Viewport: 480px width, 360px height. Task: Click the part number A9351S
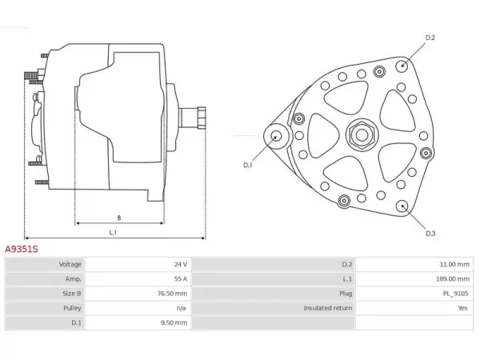tap(22, 249)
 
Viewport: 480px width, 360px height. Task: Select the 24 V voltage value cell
tap(181, 265)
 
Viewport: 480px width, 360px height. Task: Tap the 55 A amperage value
tap(181, 279)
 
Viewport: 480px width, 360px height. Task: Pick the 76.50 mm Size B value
tap(172, 294)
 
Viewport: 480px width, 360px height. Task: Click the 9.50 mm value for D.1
tap(174, 322)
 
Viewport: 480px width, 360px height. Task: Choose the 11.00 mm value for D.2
tap(454, 265)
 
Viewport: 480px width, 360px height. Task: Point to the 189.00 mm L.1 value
tap(453, 279)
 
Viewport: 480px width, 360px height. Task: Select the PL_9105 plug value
tap(455, 294)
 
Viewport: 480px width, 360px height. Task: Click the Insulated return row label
tap(328, 308)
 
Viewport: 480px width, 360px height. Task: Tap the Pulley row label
tap(72, 308)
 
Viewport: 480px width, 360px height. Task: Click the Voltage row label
tap(70, 265)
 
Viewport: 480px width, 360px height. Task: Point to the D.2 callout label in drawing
tap(430, 38)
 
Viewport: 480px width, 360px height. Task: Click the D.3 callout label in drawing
tap(430, 234)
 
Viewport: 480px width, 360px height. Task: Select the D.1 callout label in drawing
tap(248, 165)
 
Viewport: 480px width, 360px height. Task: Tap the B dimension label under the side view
tap(119, 218)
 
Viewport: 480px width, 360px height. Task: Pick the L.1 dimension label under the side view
tap(113, 233)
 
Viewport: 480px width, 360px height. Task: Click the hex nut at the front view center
tap(362, 135)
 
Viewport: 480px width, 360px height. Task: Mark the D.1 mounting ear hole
tap(276, 136)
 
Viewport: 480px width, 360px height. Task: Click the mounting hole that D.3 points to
tap(402, 206)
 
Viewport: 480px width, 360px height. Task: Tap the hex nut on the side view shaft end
tap(202, 118)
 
